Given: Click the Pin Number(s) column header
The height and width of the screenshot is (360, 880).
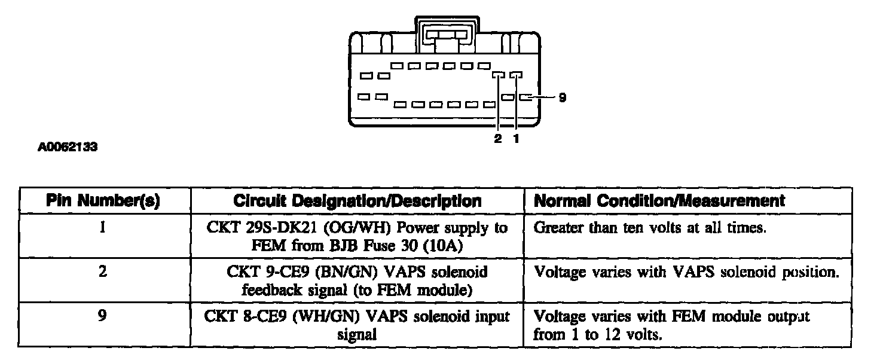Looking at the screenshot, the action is tap(103, 202).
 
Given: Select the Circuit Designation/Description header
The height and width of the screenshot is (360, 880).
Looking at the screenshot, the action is tap(357, 202).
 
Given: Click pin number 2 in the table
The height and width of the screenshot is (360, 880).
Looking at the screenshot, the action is tap(103, 272).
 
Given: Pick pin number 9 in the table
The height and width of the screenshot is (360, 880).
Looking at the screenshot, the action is tap(103, 316).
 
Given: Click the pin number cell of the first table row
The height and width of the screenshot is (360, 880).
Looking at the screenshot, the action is tap(103, 228).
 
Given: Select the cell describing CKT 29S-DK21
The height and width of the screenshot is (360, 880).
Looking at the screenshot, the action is tap(357, 236).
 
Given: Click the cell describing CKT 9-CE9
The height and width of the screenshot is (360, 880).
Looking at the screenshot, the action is tap(357, 280).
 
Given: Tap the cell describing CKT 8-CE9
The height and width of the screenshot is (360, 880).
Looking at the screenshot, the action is tap(357, 325).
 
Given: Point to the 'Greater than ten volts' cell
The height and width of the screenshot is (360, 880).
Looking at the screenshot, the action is tap(649, 228).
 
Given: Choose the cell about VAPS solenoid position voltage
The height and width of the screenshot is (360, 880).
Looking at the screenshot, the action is tap(686, 272).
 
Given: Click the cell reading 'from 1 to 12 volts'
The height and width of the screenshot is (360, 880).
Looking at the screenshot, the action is tap(598, 334).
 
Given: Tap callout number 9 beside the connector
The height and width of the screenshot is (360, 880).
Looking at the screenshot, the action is tap(561, 97).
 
